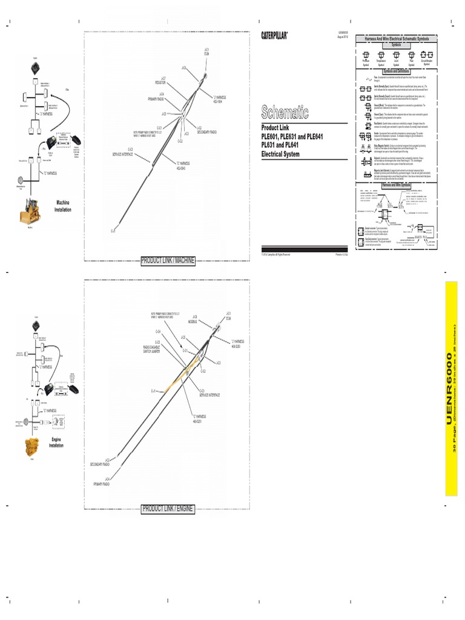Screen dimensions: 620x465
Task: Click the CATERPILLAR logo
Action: [x=274, y=36]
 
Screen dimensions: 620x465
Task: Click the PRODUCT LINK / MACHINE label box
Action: [x=168, y=260]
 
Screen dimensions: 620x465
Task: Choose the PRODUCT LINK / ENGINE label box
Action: [x=168, y=509]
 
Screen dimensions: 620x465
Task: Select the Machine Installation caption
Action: [x=62, y=206]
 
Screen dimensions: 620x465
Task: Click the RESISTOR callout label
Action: [x=160, y=82]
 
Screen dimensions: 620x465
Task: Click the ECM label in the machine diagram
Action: [x=206, y=53]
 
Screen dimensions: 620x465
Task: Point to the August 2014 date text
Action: [x=343, y=36]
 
